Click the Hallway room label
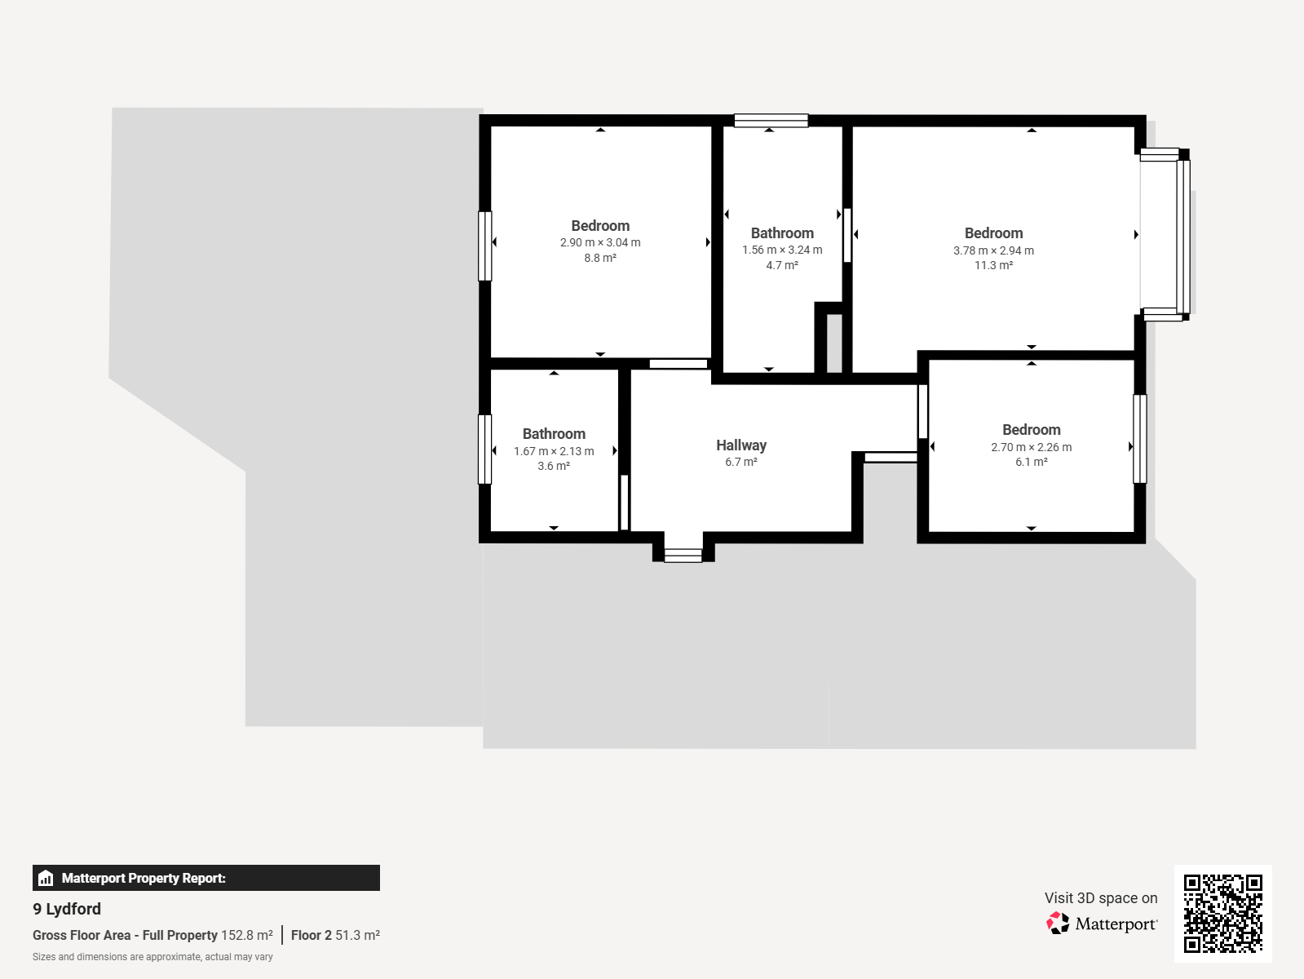[740, 445]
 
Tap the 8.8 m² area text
[600, 258]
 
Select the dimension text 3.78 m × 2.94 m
[993, 250]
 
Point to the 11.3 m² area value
[993, 265]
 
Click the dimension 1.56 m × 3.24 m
[782, 250]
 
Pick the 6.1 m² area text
[1032, 463]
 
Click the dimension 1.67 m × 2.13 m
[554, 451]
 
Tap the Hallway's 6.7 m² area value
[740, 463]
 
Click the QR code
[1222, 913]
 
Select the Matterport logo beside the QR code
[1101, 924]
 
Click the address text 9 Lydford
[67, 909]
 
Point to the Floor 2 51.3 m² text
[335, 935]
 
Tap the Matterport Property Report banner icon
[46, 878]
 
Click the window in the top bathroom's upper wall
[771, 121]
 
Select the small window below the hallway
[683, 556]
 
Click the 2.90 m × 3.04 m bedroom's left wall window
[484, 246]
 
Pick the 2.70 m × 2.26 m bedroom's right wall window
[1139, 439]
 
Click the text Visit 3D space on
[1101, 898]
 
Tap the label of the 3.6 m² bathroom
[554, 434]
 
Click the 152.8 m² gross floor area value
[246, 935]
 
